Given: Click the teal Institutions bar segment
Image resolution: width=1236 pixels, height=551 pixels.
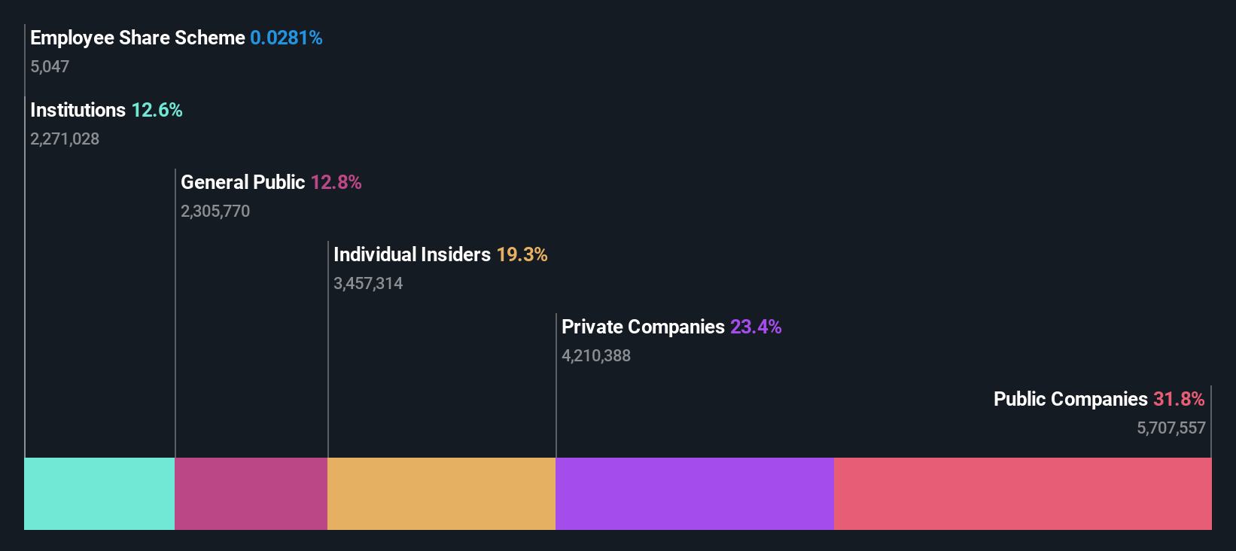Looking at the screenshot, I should tap(99, 493).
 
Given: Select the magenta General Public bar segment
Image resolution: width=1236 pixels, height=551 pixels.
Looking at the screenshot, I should tap(251, 493).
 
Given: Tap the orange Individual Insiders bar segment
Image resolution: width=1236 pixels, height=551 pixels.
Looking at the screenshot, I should tap(441, 493).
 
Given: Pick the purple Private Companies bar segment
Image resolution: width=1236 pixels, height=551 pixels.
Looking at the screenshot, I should tap(694, 493).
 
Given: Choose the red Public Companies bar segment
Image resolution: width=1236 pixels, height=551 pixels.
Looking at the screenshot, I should tap(1022, 493).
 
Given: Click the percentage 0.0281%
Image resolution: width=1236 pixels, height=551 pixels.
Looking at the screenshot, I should tap(286, 38).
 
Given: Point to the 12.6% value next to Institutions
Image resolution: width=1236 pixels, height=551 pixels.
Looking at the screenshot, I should tap(157, 111).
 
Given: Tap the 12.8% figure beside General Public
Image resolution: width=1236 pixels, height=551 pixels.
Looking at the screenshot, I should tap(336, 183).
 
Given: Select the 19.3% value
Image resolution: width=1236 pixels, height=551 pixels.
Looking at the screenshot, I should tap(522, 255).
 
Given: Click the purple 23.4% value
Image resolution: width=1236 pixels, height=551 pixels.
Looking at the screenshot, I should tap(756, 327).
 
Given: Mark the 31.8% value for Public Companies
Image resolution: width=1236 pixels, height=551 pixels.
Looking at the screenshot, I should tap(1179, 400).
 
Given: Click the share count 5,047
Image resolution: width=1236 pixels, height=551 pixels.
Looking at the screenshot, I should tap(50, 67).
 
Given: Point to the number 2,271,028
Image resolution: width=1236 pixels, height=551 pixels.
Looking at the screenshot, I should tap(65, 139).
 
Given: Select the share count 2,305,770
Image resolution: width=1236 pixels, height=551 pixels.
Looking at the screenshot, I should tap(215, 212).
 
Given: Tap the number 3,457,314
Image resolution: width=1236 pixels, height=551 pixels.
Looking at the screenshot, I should tap(368, 284).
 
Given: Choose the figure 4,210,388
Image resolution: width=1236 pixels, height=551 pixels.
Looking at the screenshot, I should tap(596, 356).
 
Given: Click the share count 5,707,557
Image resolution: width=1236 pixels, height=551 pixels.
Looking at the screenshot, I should tap(1171, 428).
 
